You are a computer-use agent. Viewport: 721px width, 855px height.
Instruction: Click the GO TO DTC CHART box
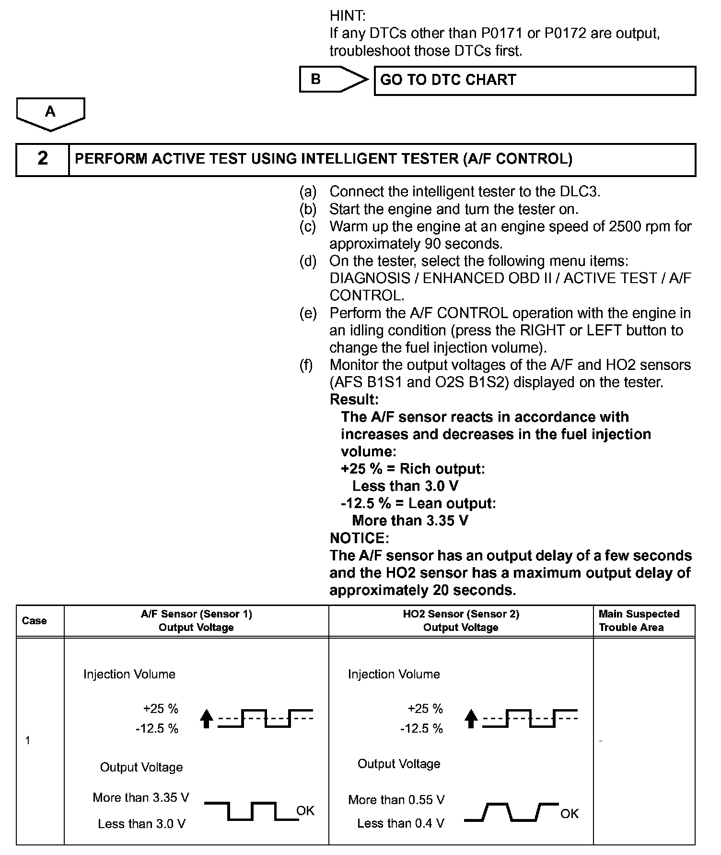coord(534,80)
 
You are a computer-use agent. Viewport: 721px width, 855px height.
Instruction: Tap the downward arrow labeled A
coord(50,114)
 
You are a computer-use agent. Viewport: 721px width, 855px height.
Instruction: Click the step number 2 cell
coord(43,159)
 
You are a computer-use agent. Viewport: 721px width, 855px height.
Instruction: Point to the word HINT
coord(348,16)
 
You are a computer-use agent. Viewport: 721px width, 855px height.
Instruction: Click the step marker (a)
coord(308,192)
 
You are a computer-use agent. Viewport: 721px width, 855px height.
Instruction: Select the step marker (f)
coord(306,365)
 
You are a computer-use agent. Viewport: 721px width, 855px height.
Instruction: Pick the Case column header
coord(35,620)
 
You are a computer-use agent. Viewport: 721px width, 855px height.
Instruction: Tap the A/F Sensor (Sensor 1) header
coord(196,620)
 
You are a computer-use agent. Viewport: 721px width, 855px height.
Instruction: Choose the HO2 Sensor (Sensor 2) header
coord(461,620)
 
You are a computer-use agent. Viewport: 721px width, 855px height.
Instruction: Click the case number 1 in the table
coord(28,740)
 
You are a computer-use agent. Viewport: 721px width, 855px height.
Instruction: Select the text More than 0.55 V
coord(396,799)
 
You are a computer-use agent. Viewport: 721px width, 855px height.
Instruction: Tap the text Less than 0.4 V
coord(400,823)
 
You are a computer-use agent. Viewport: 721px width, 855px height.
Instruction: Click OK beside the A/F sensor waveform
coord(305,810)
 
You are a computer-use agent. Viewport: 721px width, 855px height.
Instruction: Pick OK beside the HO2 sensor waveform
coord(570,813)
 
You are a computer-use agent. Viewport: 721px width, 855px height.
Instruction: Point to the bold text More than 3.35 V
coord(410,521)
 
